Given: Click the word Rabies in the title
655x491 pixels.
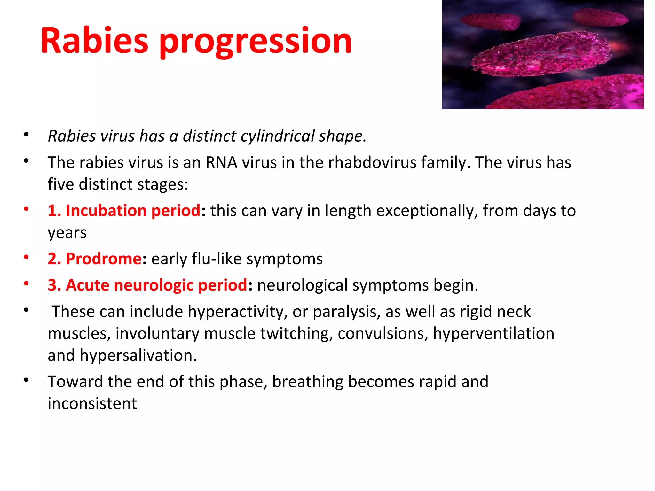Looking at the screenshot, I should click(94, 41).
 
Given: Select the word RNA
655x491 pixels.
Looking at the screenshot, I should click(221, 162).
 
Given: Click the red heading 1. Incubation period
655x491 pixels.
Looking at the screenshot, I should click(124, 211).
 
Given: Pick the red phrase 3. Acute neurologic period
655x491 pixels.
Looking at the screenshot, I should click(147, 285).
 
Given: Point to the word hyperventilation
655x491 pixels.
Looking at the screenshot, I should click(493, 333).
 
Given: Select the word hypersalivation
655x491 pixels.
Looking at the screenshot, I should click(138, 355).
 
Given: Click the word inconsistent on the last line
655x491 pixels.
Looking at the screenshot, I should click(92, 403).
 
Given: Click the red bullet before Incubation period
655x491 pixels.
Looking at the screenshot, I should click(26, 209).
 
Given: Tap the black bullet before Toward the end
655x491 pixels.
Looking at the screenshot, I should click(26, 380).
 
